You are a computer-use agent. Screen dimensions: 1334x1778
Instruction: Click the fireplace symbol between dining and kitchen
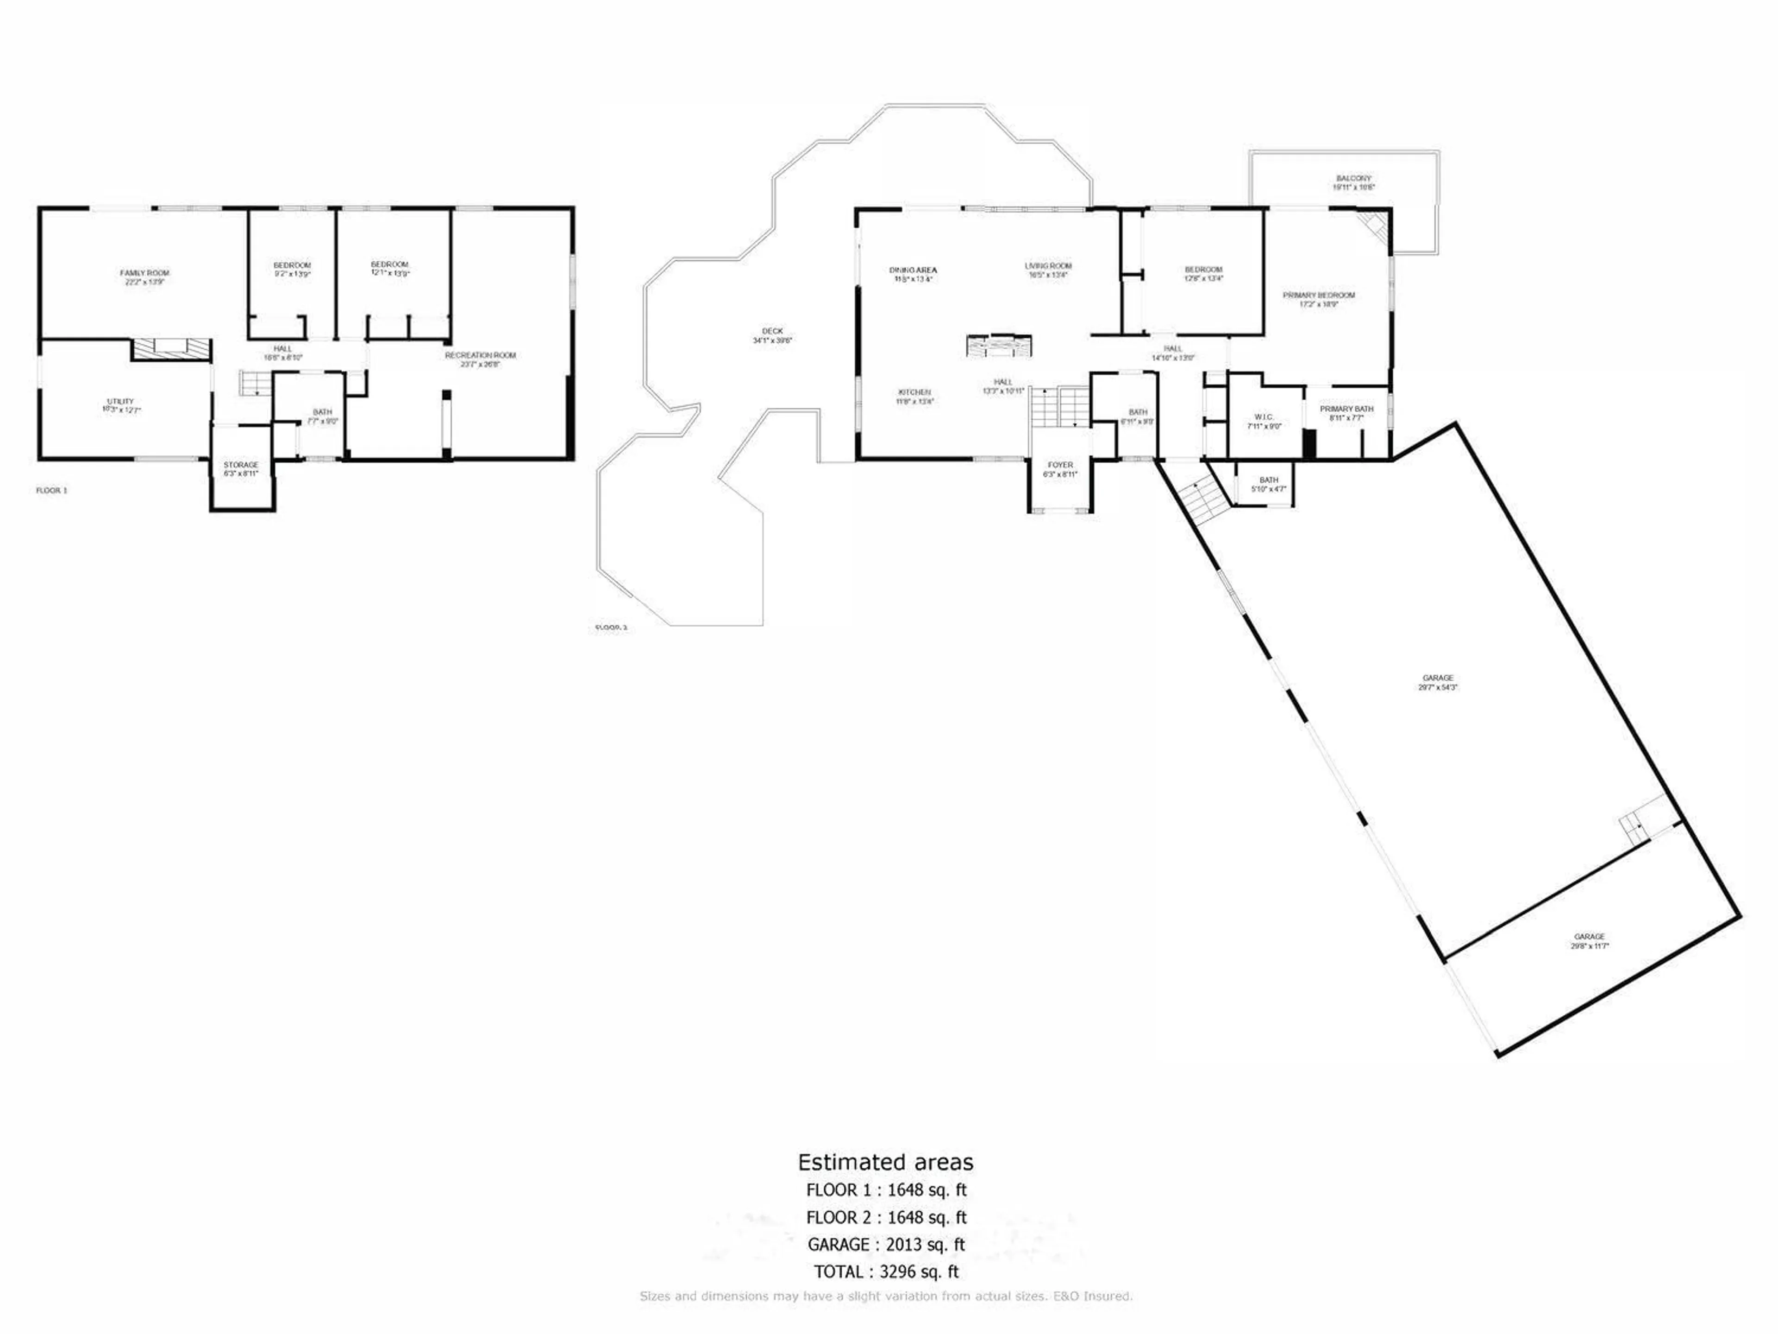(x=1000, y=345)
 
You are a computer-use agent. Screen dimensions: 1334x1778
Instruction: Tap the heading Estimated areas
(x=885, y=1162)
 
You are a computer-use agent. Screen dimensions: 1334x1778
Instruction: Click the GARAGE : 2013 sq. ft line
(x=886, y=1245)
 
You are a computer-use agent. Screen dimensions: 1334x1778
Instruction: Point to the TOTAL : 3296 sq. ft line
(x=886, y=1272)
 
